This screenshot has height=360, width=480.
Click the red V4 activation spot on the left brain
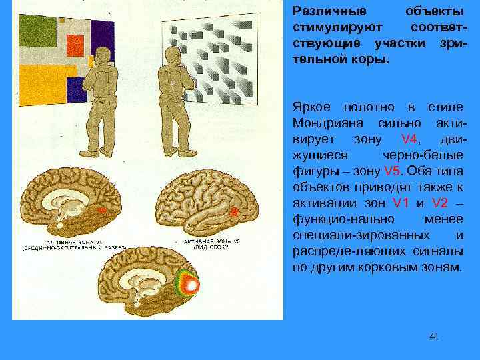(101, 211)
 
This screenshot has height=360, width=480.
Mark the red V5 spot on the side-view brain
(234, 211)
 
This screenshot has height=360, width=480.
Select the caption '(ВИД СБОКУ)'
(207, 247)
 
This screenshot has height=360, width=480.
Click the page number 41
(434, 337)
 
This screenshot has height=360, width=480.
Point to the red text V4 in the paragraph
(409, 140)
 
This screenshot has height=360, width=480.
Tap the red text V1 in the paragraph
(401, 203)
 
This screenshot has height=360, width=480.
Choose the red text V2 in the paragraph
(441, 203)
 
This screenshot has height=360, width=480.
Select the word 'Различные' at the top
(324, 12)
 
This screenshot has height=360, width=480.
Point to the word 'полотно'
(369, 107)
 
